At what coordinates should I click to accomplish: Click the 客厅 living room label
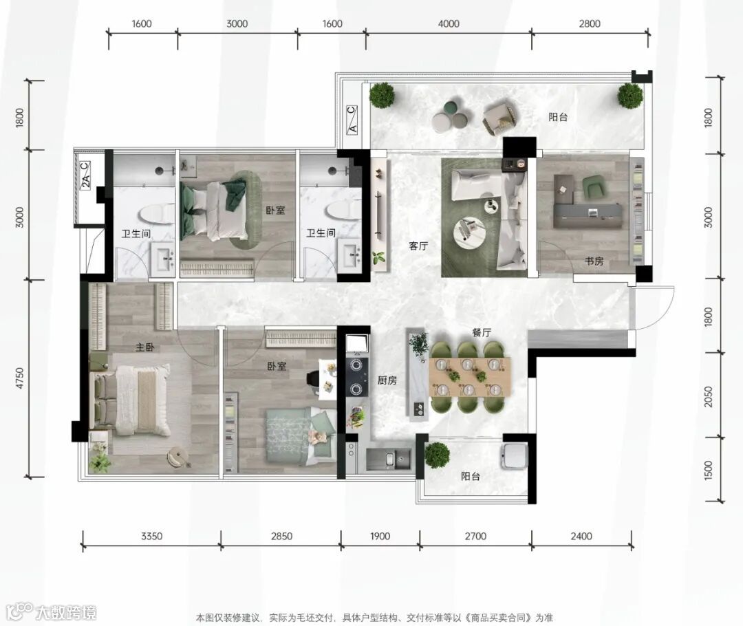(418, 246)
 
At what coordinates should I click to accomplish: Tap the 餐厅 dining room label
(482, 333)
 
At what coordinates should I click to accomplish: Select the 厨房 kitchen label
(387, 380)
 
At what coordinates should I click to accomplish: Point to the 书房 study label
(594, 261)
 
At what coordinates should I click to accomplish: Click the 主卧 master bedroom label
(145, 347)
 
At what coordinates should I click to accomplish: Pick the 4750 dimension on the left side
(19, 378)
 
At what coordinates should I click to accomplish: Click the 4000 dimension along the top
(449, 23)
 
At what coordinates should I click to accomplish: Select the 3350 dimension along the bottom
(151, 536)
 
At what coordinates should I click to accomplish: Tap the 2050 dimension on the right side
(709, 396)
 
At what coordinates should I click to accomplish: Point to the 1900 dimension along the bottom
(380, 536)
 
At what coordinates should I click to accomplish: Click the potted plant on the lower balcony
(437, 455)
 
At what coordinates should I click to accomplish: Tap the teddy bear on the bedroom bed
(319, 436)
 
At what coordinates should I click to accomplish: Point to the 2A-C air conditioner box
(85, 175)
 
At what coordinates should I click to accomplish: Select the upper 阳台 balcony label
(558, 116)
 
